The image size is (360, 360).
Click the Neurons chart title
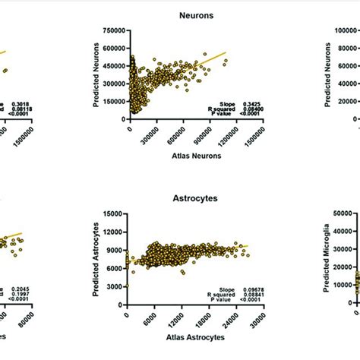point(179,14)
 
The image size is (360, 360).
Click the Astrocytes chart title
point(179,197)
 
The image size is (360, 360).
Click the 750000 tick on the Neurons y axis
point(112,31)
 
